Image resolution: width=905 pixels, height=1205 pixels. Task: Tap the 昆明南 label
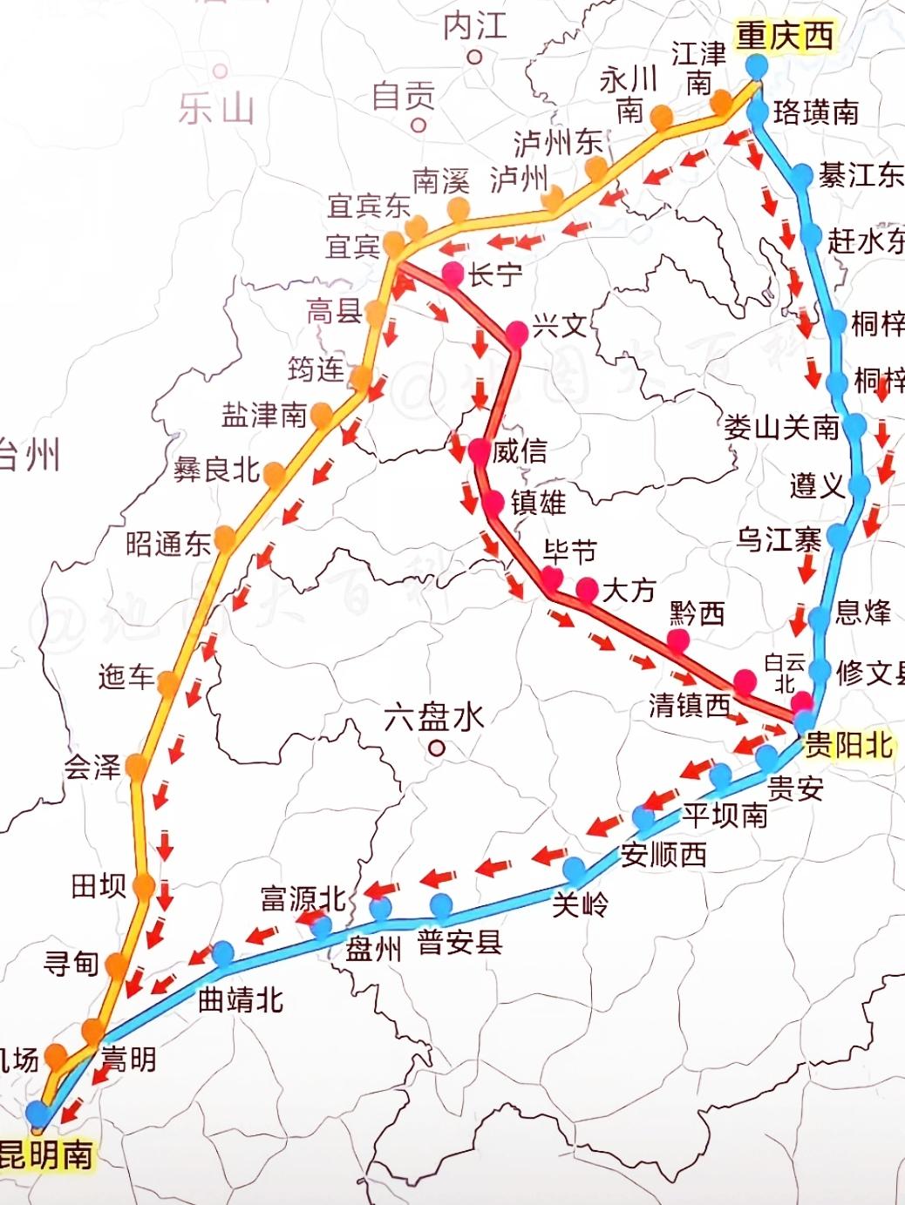(45, 1155)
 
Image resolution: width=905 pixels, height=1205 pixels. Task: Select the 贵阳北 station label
(847, 745)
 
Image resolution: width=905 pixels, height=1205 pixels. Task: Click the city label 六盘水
(433, 718)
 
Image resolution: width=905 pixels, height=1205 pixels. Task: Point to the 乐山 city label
(216, 109)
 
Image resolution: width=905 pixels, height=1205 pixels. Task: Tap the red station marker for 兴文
(516, 331)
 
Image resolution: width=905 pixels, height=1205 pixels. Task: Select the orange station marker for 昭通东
(225, 539)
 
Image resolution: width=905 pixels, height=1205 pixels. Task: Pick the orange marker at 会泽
(136, 766)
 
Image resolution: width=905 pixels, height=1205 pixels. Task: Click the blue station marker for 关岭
(575, 869)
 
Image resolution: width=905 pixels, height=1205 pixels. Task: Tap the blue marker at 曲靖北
(222, 952)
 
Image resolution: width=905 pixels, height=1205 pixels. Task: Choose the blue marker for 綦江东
(803, 173)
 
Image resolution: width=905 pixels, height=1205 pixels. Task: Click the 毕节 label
(569, 551)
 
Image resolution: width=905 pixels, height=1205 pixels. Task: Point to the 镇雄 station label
(538, 503)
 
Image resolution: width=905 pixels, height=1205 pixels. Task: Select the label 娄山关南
(781, 427)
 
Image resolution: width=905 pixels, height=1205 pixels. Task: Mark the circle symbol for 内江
(475, 58)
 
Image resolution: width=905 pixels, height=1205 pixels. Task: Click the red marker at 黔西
(678, 640)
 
